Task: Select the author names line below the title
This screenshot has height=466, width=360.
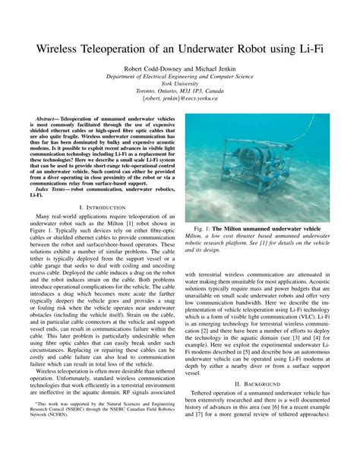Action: pos(180,68)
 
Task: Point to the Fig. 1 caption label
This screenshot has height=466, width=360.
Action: pos(205,228)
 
